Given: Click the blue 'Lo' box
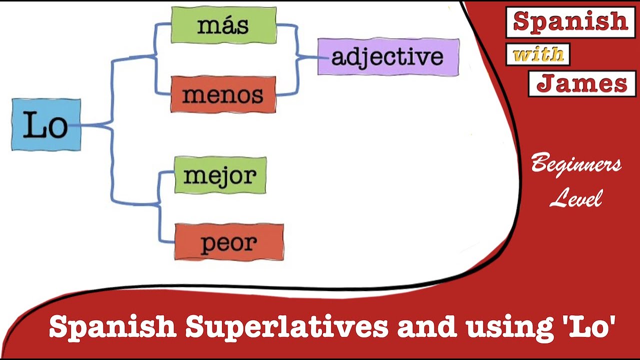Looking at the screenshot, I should point(46,125).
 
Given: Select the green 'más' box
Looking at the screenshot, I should point(223,25).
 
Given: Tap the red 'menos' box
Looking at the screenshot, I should point(223,94).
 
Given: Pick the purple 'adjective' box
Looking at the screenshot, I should point(388,56).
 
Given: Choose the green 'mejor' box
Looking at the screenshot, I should point(220,175).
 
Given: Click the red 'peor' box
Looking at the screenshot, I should point(228,242).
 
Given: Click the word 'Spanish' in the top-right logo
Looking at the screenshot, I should point(570,21).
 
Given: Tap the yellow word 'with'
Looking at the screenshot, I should point(538,54).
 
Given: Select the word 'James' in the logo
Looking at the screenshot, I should point(581,83).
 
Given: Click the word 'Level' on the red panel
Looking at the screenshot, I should point(576,198).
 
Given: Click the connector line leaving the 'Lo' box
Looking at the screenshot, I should point(95,124).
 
